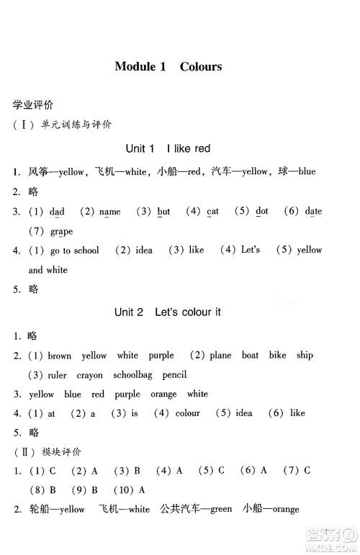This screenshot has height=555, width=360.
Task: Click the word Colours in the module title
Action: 201,67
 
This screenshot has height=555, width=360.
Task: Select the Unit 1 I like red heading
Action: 168,148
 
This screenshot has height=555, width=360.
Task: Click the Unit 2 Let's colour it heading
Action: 167,312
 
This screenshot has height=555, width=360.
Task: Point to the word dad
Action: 57,212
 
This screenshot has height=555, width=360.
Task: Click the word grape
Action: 61,231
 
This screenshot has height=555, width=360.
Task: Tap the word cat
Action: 212,212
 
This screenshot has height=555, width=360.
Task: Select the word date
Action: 313,212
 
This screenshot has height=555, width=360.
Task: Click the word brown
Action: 60,356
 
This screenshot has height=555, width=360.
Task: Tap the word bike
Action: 278,356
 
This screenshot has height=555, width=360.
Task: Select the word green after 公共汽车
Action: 221,510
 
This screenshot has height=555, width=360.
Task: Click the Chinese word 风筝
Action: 38,171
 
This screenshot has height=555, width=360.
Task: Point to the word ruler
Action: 57,375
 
